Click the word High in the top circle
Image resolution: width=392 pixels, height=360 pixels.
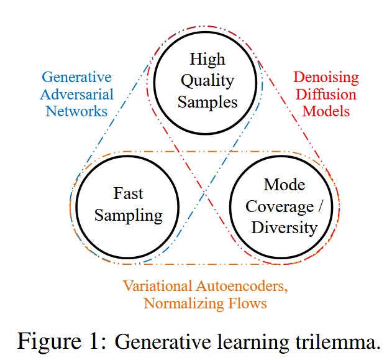tap(207, 59)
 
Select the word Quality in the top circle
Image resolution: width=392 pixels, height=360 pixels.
tap(207, 81)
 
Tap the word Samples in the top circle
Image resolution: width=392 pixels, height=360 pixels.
tap(207, 103)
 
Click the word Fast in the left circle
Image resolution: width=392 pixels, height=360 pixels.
tap(128, 193)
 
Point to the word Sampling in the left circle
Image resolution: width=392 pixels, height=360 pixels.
tap(129, 216)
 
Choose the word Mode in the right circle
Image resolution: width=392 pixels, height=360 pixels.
tap(285, 185)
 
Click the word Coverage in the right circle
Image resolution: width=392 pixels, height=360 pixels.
tap(280, 206)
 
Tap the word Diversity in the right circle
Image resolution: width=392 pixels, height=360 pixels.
tap(285, 228)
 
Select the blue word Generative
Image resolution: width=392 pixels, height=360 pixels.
tap(76, 77)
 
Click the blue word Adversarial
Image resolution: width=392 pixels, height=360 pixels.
tap(76, 95)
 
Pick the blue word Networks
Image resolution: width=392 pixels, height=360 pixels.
tap(76, 111)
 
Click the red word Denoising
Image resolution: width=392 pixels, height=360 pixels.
tap(326, 78)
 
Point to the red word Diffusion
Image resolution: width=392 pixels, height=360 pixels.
tap(326, 95)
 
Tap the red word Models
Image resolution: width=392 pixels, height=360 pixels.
tap(326, 111)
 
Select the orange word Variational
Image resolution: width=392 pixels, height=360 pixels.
tap(158, 285)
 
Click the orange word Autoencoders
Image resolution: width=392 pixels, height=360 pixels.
tap(242, 286)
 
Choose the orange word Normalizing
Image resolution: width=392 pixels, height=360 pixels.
tap(184, 303)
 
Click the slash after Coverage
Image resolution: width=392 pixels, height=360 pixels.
tap(320, 206)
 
